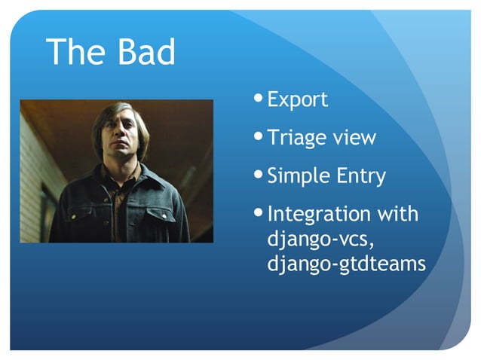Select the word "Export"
[298, 99]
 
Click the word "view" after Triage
[355, 139]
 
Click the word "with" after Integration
[397, 214]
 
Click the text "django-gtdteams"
[347, 264]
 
